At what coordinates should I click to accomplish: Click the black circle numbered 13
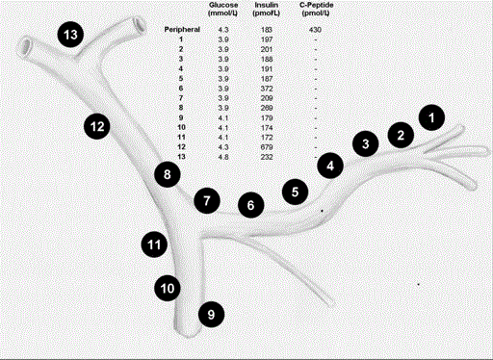(70, 35)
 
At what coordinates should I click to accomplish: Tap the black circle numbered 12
(97, 126)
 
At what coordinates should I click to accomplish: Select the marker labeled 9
(211, 315)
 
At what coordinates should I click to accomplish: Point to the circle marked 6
(251, 205)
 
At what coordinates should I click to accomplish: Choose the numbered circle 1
(431, 117)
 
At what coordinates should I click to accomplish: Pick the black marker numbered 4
(330, 166)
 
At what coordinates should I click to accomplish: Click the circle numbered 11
(154, 244)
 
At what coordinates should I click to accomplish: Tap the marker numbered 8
(168, 174)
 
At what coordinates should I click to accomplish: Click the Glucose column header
(223, 9)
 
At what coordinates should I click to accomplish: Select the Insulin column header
(267, 9)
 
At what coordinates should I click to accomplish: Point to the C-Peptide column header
(316, 9)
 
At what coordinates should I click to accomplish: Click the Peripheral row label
(182, 30)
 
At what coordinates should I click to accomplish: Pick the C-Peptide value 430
(315, 30)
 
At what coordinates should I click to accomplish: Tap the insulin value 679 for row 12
(267, 147)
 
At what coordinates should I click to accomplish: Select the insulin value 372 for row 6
(267, 89)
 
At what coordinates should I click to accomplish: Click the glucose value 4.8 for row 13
(223, 157)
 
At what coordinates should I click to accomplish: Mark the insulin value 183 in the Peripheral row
(267, 30)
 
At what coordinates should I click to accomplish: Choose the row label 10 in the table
(181, 127)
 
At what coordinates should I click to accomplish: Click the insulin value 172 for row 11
(267, 138)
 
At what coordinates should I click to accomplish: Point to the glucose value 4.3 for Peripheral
(223, 30)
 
